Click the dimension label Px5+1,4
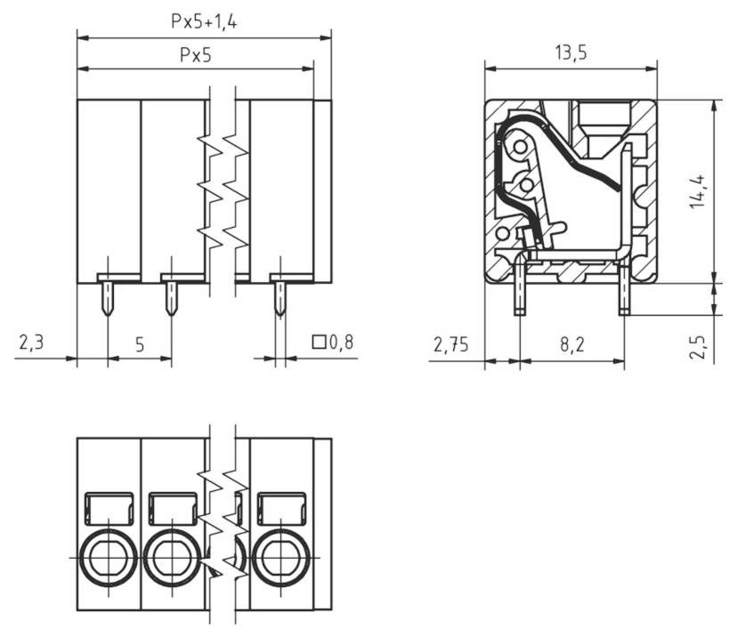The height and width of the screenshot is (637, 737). (x=204, y=22)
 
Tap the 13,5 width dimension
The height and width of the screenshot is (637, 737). (x=571, y=52)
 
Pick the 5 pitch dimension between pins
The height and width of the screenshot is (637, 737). (x=139, y=343)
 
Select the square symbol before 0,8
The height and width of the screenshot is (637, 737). (x=319, y=341)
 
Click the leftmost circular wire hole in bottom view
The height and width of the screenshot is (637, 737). (x=108, y=558)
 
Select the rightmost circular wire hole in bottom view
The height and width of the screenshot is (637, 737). (x=280, y=558)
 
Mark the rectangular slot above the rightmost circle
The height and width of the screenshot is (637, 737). (x=280, y=508)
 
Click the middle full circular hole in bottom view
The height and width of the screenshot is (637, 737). (x=171, y=558)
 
